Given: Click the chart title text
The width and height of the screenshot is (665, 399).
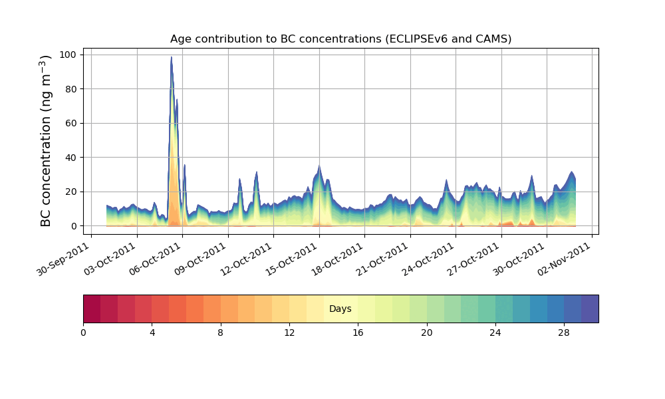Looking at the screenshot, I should tap(340, 39).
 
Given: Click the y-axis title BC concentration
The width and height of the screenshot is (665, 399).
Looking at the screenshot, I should tap(46, 141).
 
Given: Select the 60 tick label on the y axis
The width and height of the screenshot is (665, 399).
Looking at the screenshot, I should tap(72, 123).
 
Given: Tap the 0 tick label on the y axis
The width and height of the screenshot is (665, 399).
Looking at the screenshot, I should tap(75, 226).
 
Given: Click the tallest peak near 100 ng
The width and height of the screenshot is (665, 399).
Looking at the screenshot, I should tap(172, 58).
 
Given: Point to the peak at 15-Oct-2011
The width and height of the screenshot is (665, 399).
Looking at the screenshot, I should tap(319, 166).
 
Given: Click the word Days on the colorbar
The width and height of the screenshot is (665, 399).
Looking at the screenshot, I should tap(340, 309).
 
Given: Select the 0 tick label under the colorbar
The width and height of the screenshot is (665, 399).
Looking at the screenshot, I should tap(83, 332).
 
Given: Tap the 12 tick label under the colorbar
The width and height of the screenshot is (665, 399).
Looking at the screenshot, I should tap(289, 332).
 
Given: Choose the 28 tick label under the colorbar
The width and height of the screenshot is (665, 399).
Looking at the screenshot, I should tap(564, 332).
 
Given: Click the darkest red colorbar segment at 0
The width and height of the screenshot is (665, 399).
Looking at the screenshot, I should tap(92, 309).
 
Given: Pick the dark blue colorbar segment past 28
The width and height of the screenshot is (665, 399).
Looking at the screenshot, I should tap(590, 309).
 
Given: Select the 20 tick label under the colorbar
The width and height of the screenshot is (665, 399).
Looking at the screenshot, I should tap(426, 332).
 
